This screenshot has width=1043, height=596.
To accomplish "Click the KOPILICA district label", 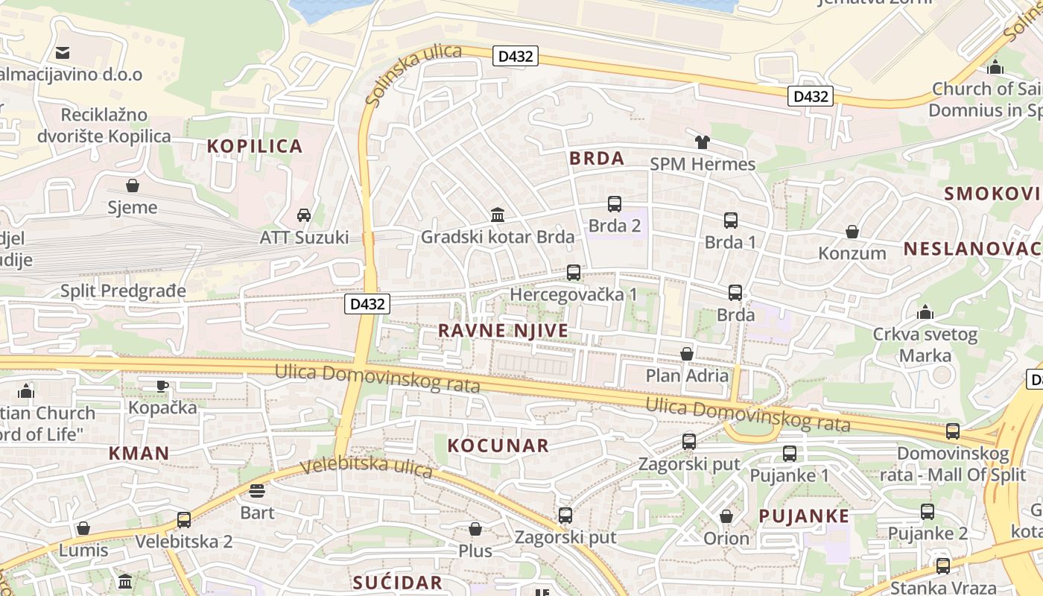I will [x=255, y=146].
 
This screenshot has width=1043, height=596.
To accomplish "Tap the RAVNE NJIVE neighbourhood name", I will [x=503, y=331].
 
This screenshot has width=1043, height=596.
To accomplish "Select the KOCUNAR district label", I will [x=498, y=446].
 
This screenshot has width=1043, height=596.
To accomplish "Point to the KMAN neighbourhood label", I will [x=139, y=453].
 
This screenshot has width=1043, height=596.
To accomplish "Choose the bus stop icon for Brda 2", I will [x=615, y=204].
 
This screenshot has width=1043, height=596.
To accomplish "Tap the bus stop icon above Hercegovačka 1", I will [x=573, y=273].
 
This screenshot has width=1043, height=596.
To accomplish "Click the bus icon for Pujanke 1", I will [x=790, y=453].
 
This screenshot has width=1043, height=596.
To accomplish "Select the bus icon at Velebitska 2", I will [x=184, y=520].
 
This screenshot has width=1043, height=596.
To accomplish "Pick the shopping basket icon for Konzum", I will [x=852, y=232].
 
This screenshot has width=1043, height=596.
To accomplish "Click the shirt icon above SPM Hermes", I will [x=703, y=142].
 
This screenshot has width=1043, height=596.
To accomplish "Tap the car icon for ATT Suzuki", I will [x=304, y=215].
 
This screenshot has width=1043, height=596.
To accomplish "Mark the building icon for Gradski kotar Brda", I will [x=498, y=215].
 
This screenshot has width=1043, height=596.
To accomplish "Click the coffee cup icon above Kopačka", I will [x=162, y=386].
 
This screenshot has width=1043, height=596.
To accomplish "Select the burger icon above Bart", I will [x=257, y=490].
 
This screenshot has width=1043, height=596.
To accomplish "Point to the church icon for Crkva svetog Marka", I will [x=925, y=312].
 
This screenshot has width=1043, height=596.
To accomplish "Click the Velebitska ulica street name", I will [x=366, y=466].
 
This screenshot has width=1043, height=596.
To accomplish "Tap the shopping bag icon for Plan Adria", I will [x=687, y=354].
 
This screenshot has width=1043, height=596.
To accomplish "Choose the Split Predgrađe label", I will [x=123, y=291].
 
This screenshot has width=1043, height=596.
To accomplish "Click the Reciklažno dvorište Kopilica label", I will [x=104, y=126].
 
